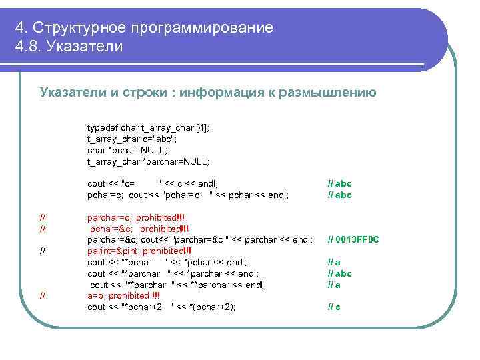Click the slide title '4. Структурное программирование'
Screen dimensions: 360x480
144,27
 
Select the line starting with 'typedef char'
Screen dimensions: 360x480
148,128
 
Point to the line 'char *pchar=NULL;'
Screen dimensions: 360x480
127,150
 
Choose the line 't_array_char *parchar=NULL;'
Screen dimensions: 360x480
148,161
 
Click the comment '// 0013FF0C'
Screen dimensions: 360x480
353,239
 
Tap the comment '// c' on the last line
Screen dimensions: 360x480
333,307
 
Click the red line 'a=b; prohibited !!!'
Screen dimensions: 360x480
123,296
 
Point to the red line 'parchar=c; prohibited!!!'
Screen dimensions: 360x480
136,217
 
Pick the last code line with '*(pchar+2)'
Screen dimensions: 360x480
161,307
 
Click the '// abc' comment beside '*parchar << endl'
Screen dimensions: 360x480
339,273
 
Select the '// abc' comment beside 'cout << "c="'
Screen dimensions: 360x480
339,183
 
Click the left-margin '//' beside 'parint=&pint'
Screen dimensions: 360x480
43,251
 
